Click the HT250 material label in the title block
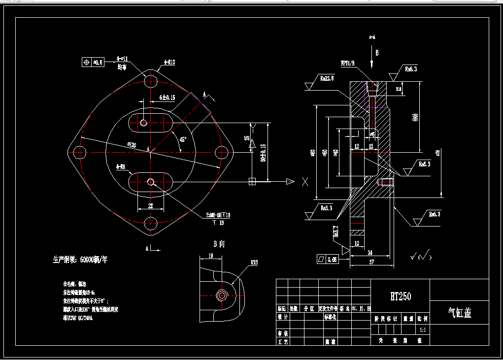[x=400, y=296]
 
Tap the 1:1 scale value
[x=423, y=329]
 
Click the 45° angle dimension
[x=183, y=140]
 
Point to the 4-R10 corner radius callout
[x=169, y=63]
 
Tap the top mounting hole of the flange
[x=151, y=80]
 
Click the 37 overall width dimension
[x=371, y=262]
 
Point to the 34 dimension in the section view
[x=370, y=253]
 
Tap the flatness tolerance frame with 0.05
[x=327, y=259]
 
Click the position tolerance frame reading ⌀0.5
[x=93, y=63]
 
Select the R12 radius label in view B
[x=254, y=262]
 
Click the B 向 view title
[x=219, y=244]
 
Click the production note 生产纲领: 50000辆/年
[x=80, y=260]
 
